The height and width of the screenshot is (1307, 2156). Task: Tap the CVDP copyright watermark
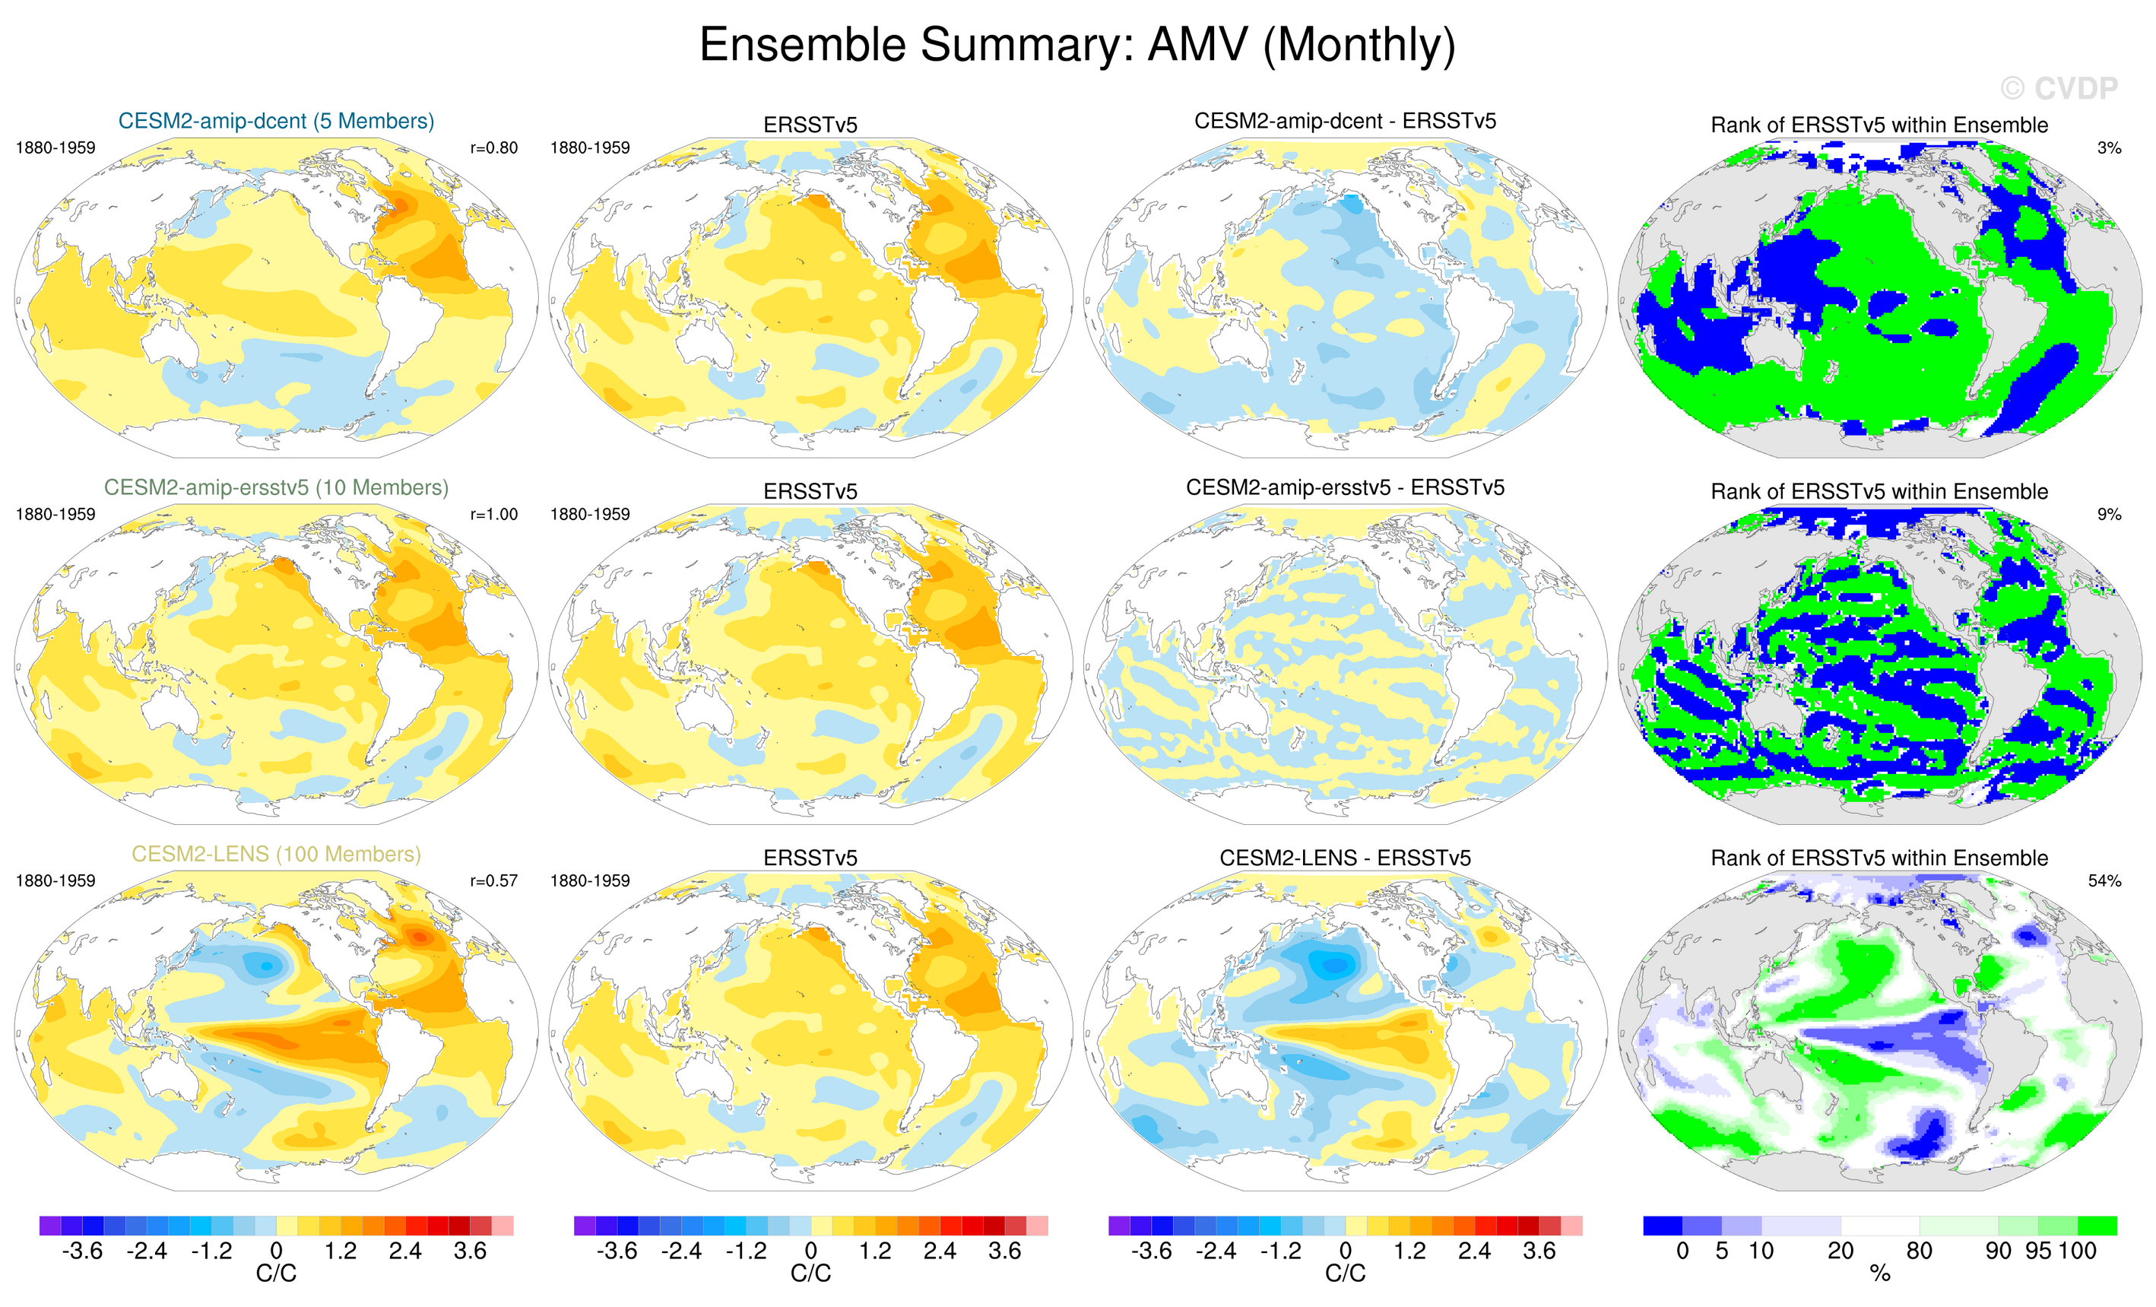(x=2058, y=88)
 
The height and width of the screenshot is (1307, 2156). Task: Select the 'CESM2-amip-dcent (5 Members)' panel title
(x=276, y=121)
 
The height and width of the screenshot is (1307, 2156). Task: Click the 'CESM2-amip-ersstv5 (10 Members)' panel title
(x=276, y=487)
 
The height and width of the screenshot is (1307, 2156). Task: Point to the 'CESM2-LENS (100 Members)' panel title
(x=276, y=854)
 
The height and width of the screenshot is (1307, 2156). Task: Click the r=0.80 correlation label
(x=493, y=148)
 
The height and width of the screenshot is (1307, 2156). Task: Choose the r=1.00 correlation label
(x=493, y=515)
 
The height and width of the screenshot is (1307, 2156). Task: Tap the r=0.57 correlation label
(x=493, y=881)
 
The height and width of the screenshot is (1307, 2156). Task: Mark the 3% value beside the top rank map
(x=2109, y=148)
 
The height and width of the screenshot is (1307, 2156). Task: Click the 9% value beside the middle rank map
(x=2109, y=515)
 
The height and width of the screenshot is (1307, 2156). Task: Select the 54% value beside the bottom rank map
(x=2104, y=881)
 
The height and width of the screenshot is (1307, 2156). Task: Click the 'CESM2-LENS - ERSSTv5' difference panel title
(x=1345, y=858)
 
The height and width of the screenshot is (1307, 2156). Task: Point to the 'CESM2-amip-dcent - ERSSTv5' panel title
(x=1345, y=121)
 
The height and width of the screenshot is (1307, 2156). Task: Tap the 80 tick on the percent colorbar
(x=1919, y=1251)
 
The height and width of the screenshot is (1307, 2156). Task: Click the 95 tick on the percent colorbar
(x=2038, y=1251)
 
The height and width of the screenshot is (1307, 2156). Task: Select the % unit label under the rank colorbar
(x=1879, y=1274)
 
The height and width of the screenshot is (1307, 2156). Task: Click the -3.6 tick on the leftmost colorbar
(x=82, y=1251)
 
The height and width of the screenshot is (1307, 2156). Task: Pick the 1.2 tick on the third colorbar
(x=1409, y=1251)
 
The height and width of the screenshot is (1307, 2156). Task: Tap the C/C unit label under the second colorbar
(x=810, y=1274)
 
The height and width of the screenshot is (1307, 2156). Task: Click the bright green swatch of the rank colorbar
(x=2097, y=1226)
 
